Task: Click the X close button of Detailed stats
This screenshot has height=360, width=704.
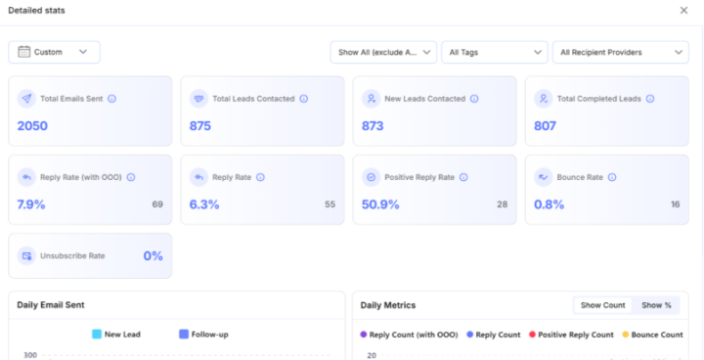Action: [x=683, y=11]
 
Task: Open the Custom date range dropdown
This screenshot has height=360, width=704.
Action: [x=55, y=52]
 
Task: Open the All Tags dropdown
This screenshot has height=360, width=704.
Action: [x=495, y=52]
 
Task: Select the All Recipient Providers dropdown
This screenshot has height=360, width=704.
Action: [x=621, y=52]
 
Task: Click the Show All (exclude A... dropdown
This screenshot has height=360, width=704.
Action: [x=383, y=52]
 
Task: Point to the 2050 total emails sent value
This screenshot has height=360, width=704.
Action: [x=32, y=126]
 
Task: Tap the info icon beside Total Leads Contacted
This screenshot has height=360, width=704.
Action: [x=304, y=99]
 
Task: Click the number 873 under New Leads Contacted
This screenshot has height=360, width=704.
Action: [x=373, y=126]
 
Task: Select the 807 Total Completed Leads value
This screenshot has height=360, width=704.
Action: [x=545, y=126]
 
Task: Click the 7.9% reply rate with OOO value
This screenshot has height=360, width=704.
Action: [x=31, y=204]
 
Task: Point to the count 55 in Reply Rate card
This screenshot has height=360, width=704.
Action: [x=330, y=204]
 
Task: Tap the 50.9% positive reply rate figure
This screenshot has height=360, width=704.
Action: [x=380, y=204]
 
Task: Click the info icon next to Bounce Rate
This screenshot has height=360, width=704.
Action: [x=612, y=177]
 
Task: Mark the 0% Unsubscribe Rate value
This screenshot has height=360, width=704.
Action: [x=154, y=256]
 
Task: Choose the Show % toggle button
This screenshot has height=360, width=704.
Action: [x=656, y=305]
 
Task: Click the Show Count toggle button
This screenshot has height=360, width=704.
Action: [x=603, y=305]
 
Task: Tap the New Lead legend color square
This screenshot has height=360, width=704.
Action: [x=97, y=335]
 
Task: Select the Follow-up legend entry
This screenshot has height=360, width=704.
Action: [x=203, y=335]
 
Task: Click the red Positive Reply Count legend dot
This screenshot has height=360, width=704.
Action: [x=533, y=335]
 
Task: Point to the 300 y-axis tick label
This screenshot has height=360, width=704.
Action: [x=30, y=355]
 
